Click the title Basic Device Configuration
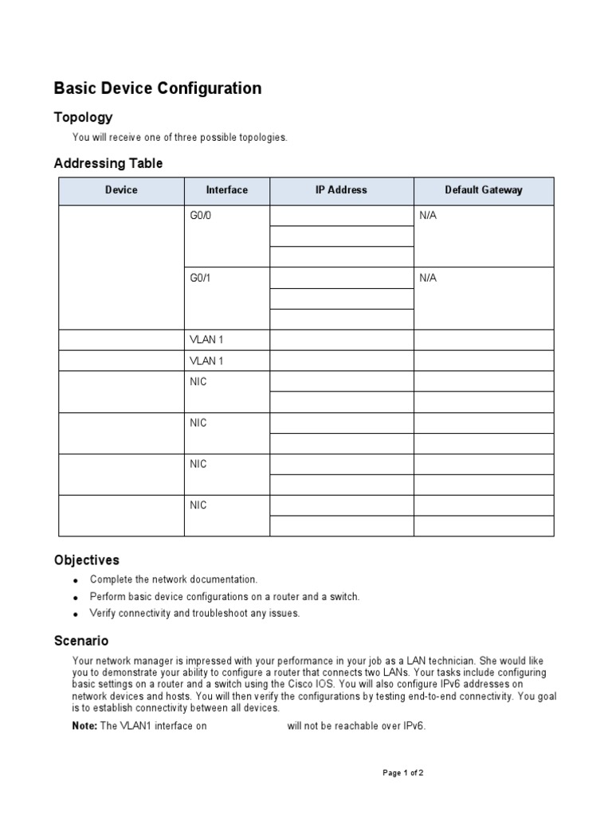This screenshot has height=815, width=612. pos(157,88)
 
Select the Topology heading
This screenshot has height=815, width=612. pos(83,118)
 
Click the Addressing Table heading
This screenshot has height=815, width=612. pos(108,163)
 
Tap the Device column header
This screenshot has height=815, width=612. pos(121,190)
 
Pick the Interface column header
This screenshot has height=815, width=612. pos(226,190)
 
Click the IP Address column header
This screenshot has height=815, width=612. pos(341,190)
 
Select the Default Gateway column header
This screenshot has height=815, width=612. pos(483,190)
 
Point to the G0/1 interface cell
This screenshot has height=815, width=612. pos(199,278)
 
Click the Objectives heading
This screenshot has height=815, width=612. pos(86,560)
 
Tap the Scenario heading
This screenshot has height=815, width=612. pos(80,641)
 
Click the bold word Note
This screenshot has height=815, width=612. pos(84,726)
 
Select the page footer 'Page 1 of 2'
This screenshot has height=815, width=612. pos(408,773)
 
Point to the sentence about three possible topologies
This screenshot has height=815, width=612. pos(179,138)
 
